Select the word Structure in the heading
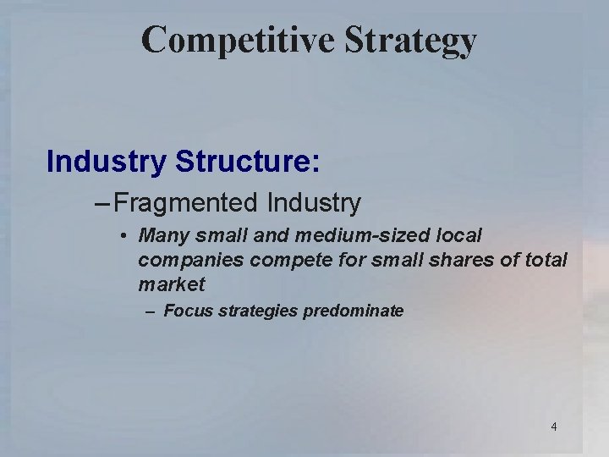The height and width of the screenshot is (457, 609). [247, 161]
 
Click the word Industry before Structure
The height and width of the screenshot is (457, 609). [106, 161]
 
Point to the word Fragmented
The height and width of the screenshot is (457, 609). [185, 203]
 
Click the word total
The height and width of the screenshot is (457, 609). [544, 260]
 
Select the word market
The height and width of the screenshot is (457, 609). [171, 285]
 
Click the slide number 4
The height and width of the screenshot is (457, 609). [554, 427]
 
